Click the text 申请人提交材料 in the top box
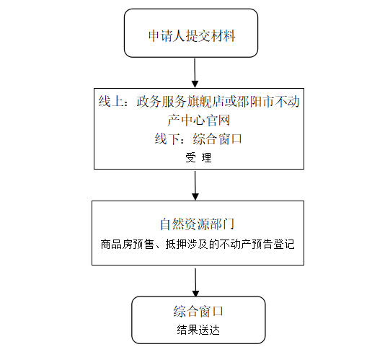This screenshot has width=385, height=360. click(x=192, y=36)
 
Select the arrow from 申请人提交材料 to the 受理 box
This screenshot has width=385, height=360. click(x=195, y=73)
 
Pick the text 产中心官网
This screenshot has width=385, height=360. click(x=199, y=120)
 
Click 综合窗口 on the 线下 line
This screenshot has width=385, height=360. click(x=218, y=139)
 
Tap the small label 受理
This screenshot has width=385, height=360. click(x=198, y=157)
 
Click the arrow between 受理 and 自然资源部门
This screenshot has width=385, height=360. click(x=195, y=185)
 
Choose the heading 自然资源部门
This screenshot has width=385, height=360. click(x=198, y=224)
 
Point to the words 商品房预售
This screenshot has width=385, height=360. click(x=127, y=244)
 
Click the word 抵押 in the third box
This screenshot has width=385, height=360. click(x=176, y=244)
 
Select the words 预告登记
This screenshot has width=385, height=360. click(x=273, y=244)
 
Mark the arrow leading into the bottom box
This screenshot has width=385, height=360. click(x=195, y=283)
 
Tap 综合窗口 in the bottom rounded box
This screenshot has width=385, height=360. click(x=198, y=311)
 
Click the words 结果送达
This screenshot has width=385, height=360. click(x=198, y=330)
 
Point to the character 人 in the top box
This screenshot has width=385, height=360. click(x=180, y=36)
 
